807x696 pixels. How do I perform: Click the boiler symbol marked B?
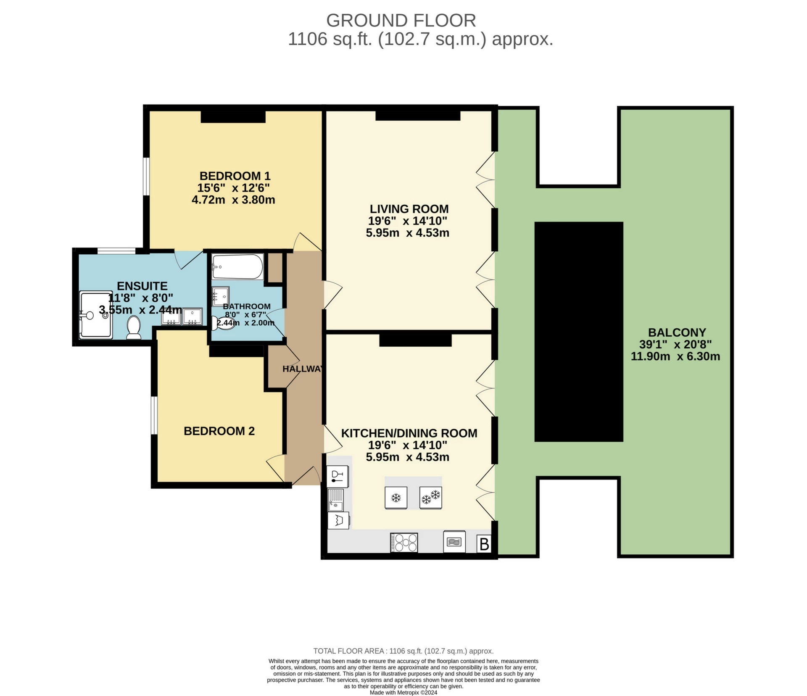point(484,544)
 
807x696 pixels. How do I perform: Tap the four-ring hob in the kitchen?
point(403,542)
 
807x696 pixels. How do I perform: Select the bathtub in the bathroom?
point(237,267)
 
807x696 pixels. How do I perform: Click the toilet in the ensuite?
point(134,328)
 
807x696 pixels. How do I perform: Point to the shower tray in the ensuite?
point(96,315)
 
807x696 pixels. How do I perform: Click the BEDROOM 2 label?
point(219,431)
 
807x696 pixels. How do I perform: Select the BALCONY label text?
point(677,332)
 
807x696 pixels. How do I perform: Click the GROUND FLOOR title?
point(401,20)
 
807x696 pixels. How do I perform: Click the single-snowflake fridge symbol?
point(396,498)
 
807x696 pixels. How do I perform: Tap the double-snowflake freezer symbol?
point(431,498)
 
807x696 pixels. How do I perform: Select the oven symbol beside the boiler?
point(454,542)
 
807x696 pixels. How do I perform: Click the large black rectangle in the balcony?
point(579,332)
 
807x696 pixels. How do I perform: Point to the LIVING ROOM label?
point(409,209)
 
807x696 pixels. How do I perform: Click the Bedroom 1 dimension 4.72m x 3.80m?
point(233,200)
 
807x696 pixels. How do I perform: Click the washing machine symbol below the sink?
point(338,521)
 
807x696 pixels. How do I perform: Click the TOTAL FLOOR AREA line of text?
point(403,651)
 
